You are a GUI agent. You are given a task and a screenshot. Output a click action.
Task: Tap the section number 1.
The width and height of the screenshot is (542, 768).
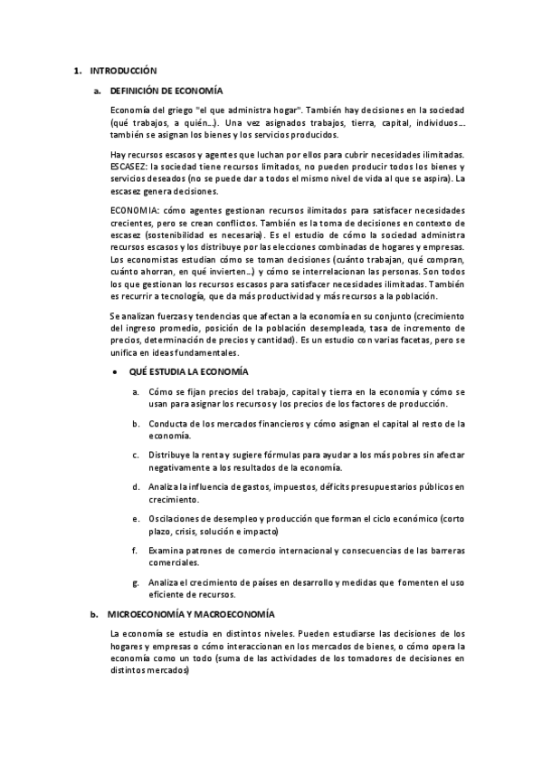77,70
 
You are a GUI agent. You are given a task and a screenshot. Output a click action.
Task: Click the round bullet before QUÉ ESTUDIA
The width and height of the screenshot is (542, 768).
112,372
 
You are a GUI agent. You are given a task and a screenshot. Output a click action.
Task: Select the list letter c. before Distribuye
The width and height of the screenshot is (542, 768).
135,456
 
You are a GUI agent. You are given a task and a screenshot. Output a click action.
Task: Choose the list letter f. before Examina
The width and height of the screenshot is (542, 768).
135,551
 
